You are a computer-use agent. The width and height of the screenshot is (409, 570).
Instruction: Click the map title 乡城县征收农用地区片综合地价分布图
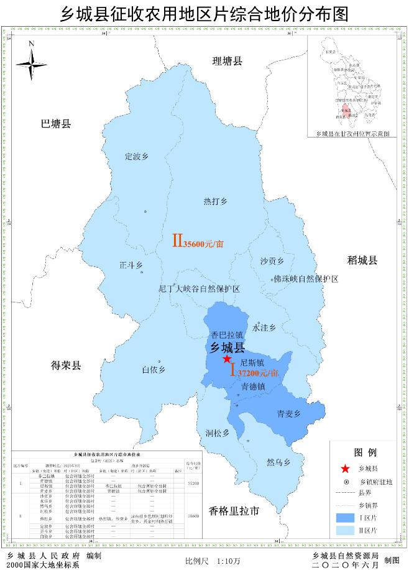coord(204,13)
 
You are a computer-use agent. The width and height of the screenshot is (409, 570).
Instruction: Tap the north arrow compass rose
coord(31,62)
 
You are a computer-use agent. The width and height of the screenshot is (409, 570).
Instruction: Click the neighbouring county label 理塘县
coord(227,61)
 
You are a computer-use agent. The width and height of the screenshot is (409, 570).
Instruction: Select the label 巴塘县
coord(56,124)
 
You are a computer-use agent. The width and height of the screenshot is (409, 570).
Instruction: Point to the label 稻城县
coord(362,260)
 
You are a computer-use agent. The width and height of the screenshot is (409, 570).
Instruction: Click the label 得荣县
coord(66,365)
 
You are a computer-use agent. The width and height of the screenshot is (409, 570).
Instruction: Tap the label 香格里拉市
coord(234,511)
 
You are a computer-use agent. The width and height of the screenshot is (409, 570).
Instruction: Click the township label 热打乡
coord(216,201)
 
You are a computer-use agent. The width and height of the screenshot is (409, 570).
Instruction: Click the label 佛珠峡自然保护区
coord(306,279)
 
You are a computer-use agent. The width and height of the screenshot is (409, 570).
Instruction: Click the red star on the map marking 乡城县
coord(227,360)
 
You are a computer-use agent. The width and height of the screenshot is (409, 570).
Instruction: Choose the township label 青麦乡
coord(288,414)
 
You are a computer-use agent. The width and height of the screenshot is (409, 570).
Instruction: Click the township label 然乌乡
coord(278,462)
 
